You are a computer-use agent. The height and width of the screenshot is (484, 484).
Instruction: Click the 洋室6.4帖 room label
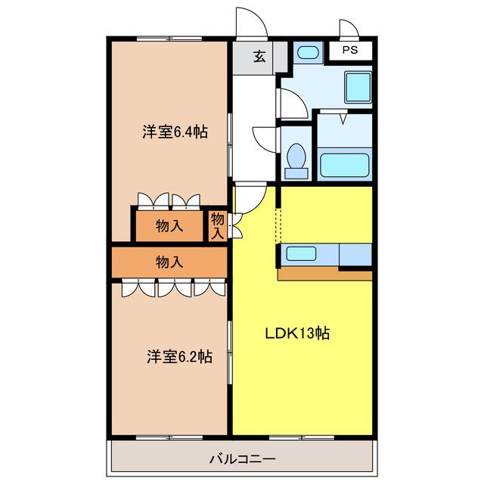[x=175, y=132]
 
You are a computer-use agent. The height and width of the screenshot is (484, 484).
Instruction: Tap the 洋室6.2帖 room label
[x=179, y=356]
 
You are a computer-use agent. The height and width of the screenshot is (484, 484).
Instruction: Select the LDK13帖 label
[x=297, y=334]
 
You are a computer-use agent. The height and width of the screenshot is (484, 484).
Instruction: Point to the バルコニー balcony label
[x=242, y=459]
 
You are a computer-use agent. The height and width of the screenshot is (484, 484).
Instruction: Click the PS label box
[x=350, y=51]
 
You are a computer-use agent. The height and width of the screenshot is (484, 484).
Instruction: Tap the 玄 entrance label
[x=259, y=57]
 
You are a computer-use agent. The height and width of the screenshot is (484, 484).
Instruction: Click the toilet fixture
[x=296, y=161]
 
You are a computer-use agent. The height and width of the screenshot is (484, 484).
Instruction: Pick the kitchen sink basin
[x=301, y=254]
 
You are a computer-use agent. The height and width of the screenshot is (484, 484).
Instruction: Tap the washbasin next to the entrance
[x=308, y=52]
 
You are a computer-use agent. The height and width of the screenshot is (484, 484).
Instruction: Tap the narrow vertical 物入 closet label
[x=217, y=226]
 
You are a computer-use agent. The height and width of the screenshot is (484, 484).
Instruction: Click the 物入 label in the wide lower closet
[x=169, y=262]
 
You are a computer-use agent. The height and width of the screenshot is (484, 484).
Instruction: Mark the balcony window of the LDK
[x=302, y=438]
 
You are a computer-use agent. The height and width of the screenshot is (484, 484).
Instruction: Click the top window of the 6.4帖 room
[x=169, y=39]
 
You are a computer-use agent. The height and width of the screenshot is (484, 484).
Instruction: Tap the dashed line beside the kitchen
[x=278, y=225]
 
